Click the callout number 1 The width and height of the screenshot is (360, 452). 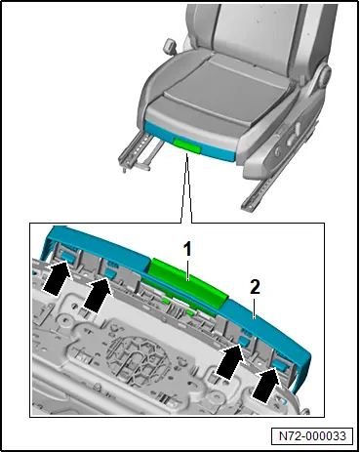coord(187,251)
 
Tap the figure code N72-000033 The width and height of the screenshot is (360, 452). coord(312,435)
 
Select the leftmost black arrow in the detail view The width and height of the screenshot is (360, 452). coord(58,278)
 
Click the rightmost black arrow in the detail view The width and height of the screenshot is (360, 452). coord(266,385)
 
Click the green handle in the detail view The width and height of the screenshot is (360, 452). coord(187,282)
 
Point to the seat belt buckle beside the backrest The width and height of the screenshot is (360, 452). coord(169,45)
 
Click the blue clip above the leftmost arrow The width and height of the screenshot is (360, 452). coord(68,256)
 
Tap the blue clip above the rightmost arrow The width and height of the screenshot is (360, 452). coord(281,364)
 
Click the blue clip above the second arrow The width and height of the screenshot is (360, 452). coord(111,273)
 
